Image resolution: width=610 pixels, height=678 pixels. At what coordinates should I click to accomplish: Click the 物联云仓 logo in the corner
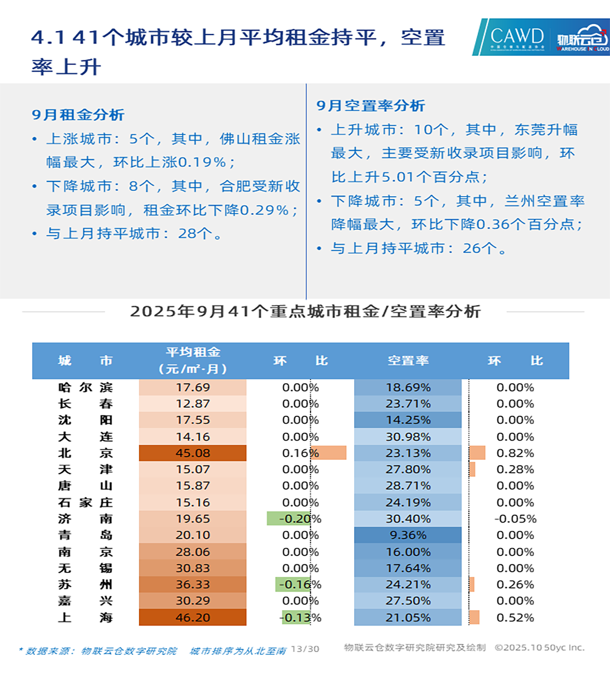pyautogui.click(x=582, y=37)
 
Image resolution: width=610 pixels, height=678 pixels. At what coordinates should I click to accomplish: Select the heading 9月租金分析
pyautogui.click(x=78, y=115)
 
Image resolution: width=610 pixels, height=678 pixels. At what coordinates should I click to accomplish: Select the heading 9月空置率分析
pyautogui.click(x=371, y=106)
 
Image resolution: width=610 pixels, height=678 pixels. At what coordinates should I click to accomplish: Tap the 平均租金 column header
pyautogui.click(x=193, y=360)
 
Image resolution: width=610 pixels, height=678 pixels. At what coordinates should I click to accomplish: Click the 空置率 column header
pyautogui.click(x=408, y=360)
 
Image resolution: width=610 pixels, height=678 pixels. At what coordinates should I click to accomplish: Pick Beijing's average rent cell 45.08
pyautogui.click(x=193, y=453)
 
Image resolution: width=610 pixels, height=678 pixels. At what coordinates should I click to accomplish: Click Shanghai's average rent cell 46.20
pyautogui.click(x=193, y=618)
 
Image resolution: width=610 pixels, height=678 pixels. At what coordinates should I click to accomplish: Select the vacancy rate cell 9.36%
pyautogui.click(x=408, y=535)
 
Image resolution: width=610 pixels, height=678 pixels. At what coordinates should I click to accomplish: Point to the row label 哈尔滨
pyautogui.click(x=85, y=388)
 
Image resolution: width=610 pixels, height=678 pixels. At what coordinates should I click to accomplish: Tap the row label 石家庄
pyautogui.click(x=85, y=502)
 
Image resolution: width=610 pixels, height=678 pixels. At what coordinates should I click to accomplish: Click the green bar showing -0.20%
pyautogui.click(x=289, y=519)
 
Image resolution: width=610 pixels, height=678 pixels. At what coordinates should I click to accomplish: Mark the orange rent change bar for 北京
pyautogui.click(x=328, y=453)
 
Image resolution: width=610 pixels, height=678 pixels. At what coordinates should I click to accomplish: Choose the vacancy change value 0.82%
pyautogui.click(x=515, y=453)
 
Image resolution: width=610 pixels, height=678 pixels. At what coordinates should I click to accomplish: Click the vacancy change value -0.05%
pyautogui.click(x=515, y=519)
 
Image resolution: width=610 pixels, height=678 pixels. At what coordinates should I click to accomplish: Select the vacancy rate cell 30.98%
pyautogui.click(x=408, y=437)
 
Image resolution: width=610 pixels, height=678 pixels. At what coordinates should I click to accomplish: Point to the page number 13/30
pyautogui.click(x=305, y=649)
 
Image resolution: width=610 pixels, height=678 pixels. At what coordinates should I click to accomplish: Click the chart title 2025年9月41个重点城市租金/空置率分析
pyautogui.click(x=305, y=311)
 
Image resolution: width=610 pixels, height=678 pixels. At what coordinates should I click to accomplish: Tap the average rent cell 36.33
pyautogui.click(x=193, y=584)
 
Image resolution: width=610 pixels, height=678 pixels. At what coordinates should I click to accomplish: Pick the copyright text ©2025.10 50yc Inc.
pyautogui.click(x=539, y=647)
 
